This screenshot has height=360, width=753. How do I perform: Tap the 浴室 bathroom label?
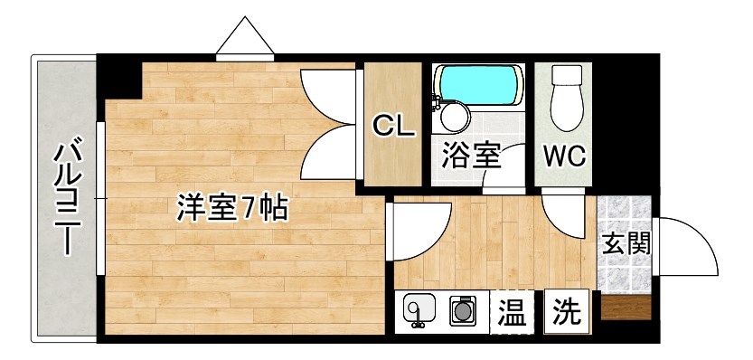click(470, 155)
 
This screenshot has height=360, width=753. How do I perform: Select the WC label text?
click(564, 155)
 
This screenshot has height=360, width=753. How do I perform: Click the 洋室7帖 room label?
click(231, 209)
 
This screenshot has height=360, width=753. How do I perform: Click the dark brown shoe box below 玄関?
click(625, 308)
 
